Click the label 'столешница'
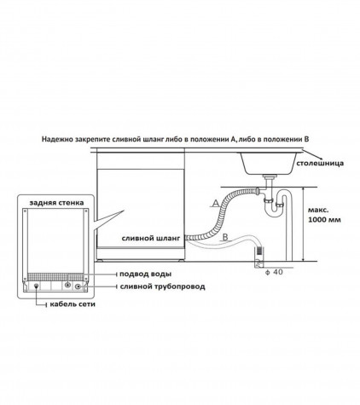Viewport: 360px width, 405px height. tap(320, 164)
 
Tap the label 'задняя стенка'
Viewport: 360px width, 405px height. tap(56, 203)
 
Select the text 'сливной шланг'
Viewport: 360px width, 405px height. tap(151, 238)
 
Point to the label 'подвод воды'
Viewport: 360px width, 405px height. tap(145, 275)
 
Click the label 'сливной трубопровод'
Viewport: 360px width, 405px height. tap(162, 286)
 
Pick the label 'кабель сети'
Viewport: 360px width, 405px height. tap(73, 304)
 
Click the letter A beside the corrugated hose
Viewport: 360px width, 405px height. tap(216, 203)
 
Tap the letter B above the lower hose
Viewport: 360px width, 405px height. tap(225, 237)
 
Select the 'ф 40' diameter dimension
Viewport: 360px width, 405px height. tap(274, 272)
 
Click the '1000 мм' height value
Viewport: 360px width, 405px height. tap(324, 220)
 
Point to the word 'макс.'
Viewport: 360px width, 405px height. tap(318, 211)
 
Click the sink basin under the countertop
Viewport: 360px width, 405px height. tap(269, 164)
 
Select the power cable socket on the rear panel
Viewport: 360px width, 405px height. tap(36, 286)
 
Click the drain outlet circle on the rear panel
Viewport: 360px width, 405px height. tap(78, 286)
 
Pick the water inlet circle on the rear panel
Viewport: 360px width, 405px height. tap(67, 285)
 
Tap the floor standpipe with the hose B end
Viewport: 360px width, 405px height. tap(258, 257)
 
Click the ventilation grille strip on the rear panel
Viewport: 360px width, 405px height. tap(55, 277)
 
